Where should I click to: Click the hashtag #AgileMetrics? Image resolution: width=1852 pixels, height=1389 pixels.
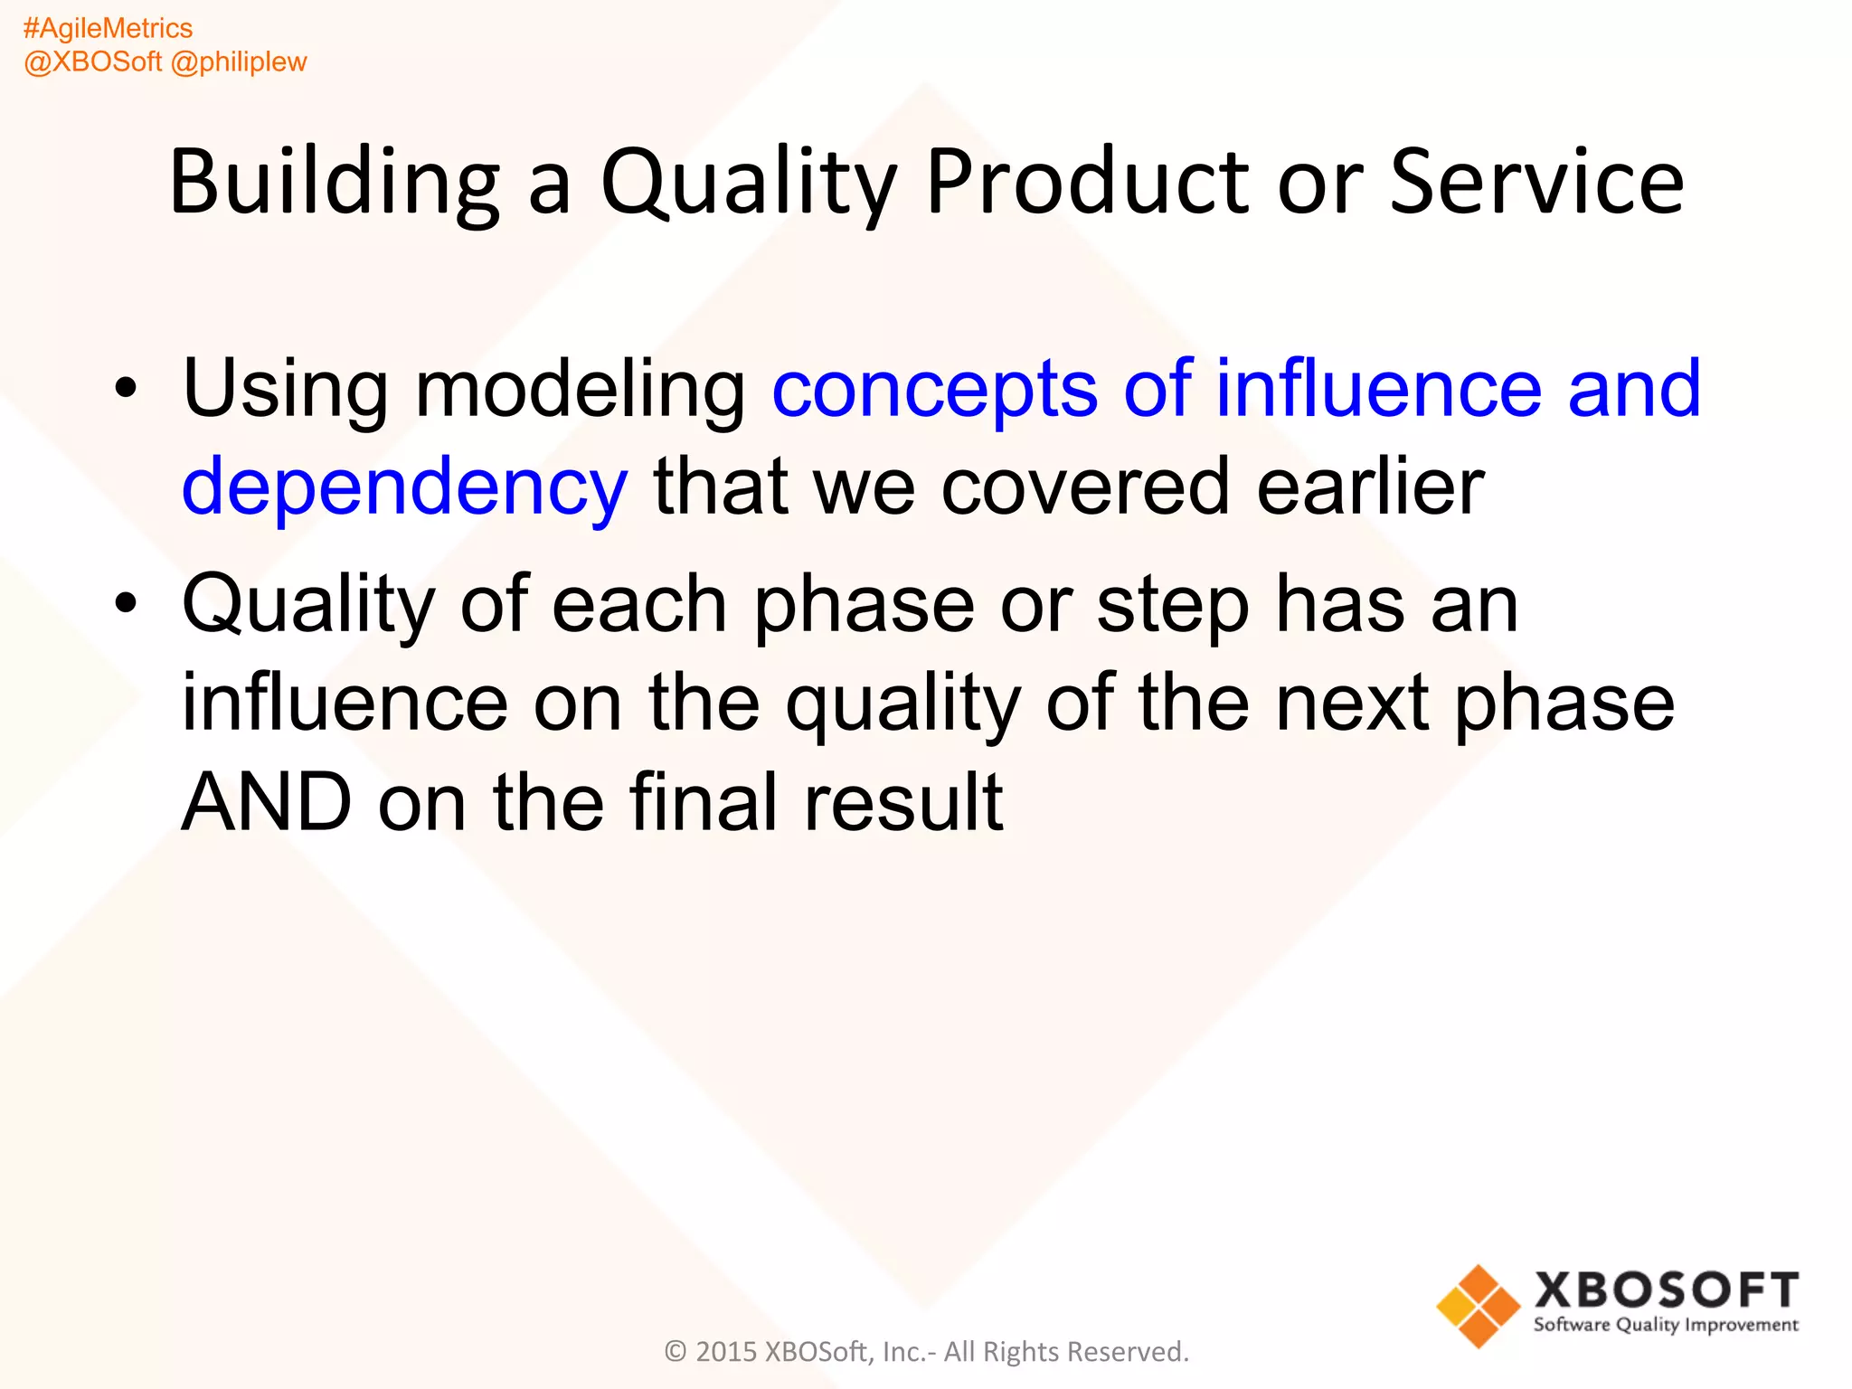[x=108, y=29]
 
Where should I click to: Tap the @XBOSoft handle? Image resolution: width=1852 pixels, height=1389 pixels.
[x=92, y=62]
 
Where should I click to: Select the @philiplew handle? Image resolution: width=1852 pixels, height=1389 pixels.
[x=239, y=62]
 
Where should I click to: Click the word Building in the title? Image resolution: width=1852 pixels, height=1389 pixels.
[x=334, y=183]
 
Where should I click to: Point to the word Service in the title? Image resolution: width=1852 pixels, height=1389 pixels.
[x=1536, y=183]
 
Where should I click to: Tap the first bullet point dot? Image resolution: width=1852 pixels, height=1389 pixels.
[x=126, y=389]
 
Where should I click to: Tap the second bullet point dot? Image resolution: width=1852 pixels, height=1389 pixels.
[x=126, y=603]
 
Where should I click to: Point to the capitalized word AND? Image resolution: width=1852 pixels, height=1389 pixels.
[x=266, y=802]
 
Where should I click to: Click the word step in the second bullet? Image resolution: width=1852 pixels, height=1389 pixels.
[x=1173, y=606]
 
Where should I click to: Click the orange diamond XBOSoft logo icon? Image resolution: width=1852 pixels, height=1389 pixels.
[x=1478, y=1306]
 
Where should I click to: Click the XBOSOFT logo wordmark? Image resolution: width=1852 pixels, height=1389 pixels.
[x=1666, y=1290]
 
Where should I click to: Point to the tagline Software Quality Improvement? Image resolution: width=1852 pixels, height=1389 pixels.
[x=1666, y=1326]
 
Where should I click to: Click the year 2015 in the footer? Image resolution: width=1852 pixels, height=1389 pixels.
[x=725, y=1352]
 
